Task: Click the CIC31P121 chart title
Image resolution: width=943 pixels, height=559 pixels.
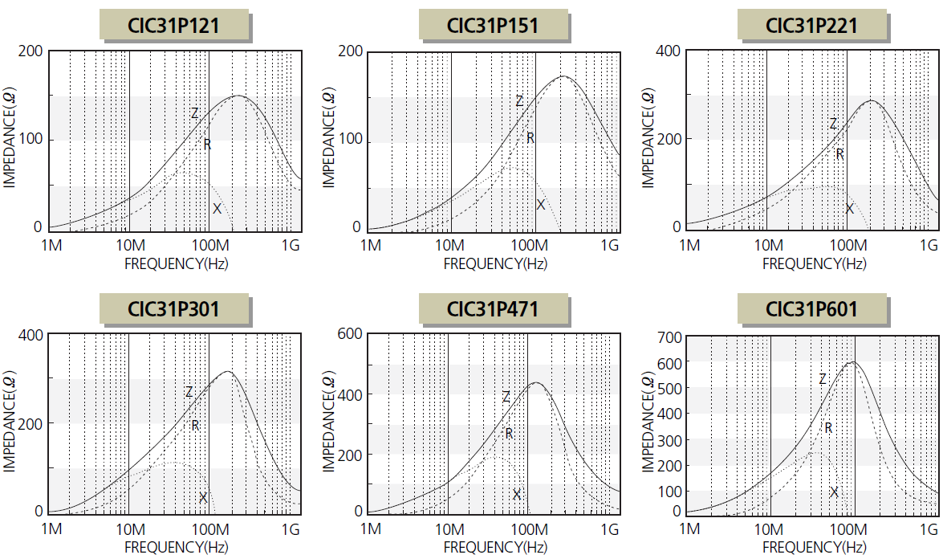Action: [173, 26]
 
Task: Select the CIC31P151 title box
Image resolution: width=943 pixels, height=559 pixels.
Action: [492, 26]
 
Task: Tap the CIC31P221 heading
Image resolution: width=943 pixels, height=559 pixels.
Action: [811, 26]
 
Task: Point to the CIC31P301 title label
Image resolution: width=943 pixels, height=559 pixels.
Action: [173, 308]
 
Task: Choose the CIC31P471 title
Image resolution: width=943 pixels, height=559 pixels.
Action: [492, 308]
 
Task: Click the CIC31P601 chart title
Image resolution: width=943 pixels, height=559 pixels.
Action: [811, 308]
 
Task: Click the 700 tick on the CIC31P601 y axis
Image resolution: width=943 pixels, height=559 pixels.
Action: [670, 337]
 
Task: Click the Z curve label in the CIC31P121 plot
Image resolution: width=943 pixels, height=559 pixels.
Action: [194, 113]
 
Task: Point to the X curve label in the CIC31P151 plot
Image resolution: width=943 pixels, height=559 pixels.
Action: [541, 205]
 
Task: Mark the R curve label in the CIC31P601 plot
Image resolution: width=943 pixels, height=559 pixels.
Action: [828, 428]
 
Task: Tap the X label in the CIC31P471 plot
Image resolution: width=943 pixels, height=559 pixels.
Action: [517, 494]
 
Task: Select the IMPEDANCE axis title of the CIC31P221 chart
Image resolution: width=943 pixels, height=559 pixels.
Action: [648, 139]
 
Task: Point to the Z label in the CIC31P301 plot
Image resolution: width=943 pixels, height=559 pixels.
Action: [189, 392]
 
